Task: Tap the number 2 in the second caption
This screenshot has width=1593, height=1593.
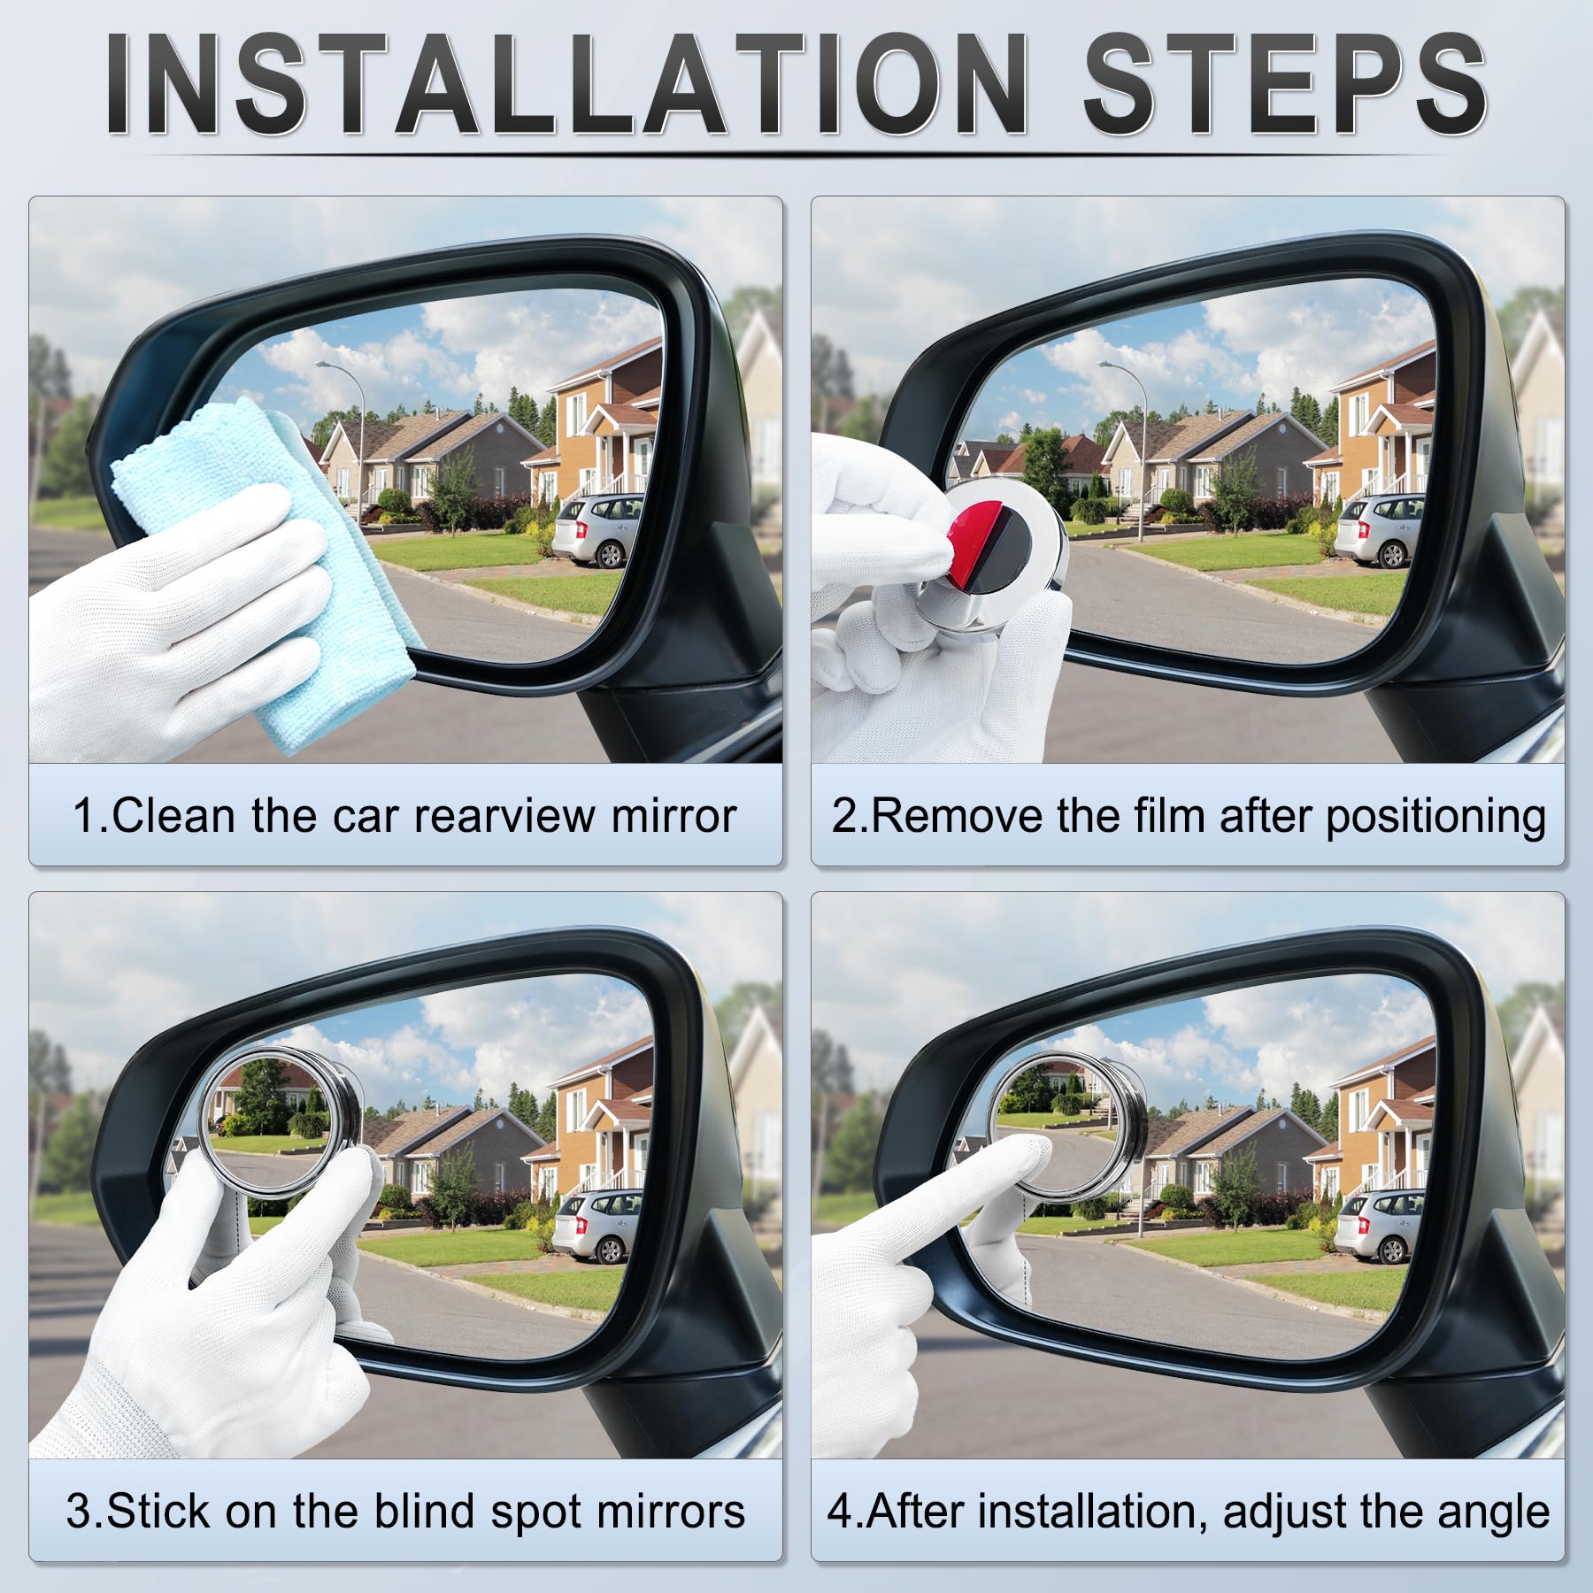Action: point(843,815)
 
